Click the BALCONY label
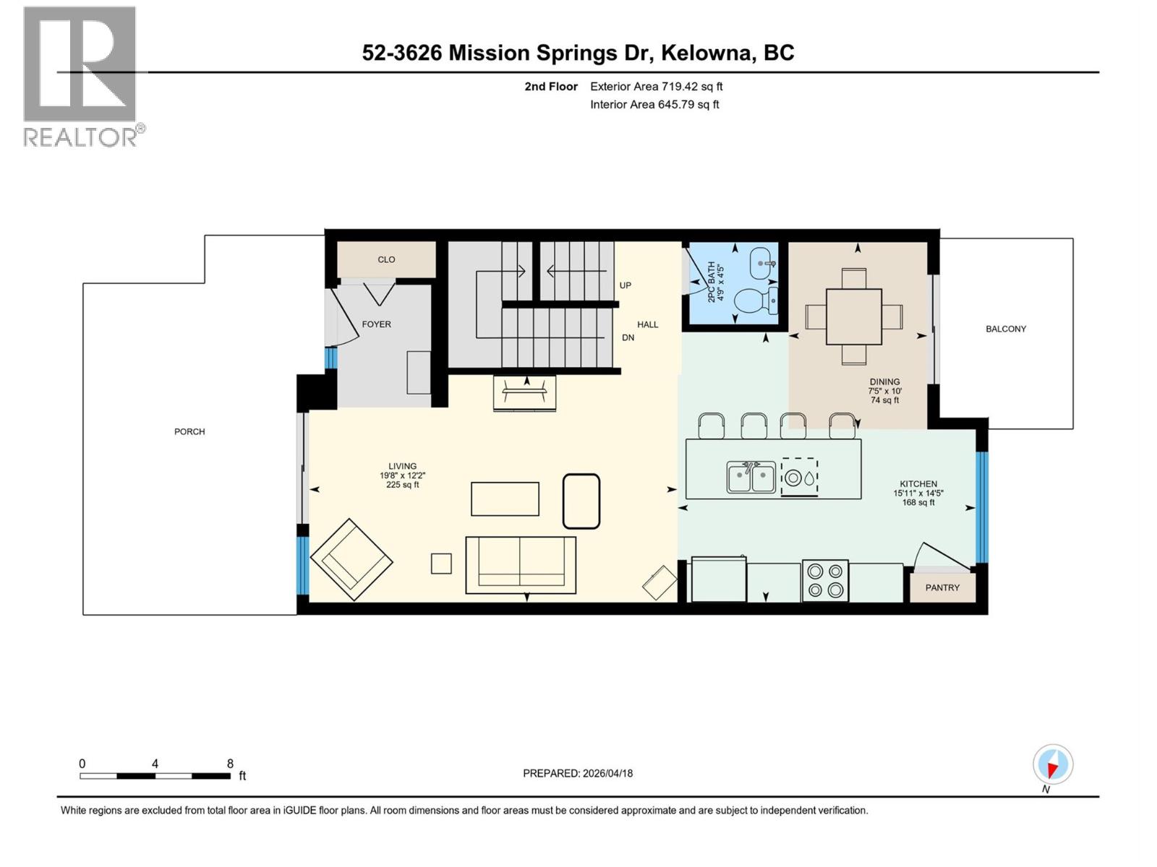tap(1005, 329)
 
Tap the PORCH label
tap(189, 431)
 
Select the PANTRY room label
tap(942, 587)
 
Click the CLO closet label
tap(386, 259)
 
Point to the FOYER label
tap(376, 324)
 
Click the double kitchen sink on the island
tap(751, 478)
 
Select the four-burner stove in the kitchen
tap(825, 580)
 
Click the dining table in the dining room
tap(853, 316)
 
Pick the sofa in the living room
tap(521, 562)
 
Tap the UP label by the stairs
tap(625, 285)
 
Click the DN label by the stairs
tap(628, 337)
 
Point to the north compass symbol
tap(1053, 764)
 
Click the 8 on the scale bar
tap(230, 764)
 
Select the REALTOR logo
tap(81, 76)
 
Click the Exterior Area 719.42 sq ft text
tap(656, 87)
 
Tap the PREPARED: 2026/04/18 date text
tap(578, 773)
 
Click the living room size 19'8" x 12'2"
tap(403, 475)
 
